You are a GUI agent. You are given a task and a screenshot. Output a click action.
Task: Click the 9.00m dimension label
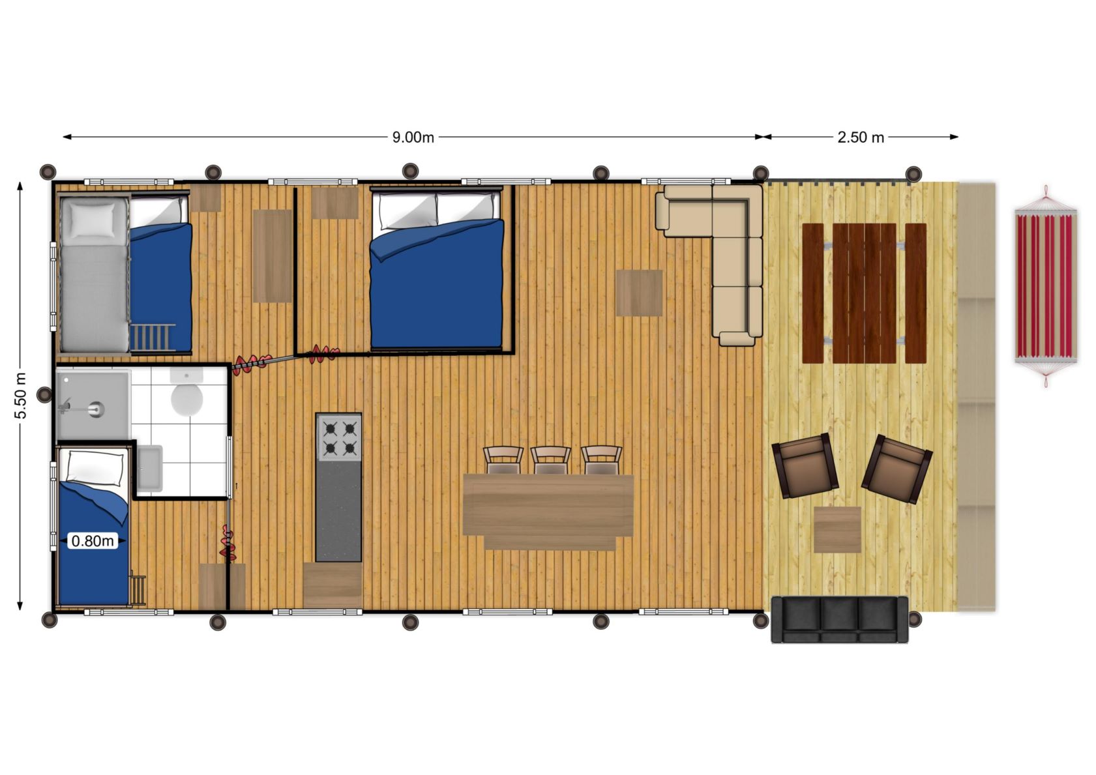[x=413, y=138]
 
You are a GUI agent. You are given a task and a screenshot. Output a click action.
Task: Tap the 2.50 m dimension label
[x=861, y=138]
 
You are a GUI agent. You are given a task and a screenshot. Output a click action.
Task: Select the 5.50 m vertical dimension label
[x=21, y=396]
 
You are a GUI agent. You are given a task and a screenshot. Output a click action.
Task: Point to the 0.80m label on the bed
[x=93, y=540]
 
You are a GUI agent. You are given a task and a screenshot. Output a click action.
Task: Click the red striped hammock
[x=1046, y=286]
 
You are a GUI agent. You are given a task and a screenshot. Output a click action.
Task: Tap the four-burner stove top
[x=339, y=438]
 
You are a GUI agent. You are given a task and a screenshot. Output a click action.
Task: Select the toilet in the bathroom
[x=186, y=393]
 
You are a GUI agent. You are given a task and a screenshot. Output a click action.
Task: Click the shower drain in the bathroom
[x=96, y=409]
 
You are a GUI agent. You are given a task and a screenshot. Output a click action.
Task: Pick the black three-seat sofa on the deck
[x=840, y=619]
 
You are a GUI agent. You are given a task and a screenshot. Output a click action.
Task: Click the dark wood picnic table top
[x=865, y=293]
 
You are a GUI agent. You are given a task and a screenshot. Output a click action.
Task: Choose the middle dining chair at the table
[x=551, y=460]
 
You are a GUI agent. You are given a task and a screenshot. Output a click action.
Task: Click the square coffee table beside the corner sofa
[x=639, y=293]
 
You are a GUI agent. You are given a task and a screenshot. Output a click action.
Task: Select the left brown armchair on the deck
[x=805, y=465]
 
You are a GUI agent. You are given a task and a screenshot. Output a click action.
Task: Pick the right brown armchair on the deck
[x=897, y=469]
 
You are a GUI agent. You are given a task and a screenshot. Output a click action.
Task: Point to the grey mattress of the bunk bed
[x=94, y=274]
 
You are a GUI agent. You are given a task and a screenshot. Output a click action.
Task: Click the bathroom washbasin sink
[x=149, y=468]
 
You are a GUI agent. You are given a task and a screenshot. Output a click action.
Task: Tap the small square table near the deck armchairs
[x=837, y=529]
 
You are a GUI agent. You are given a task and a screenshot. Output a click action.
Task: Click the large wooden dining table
[x=548, y=505]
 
